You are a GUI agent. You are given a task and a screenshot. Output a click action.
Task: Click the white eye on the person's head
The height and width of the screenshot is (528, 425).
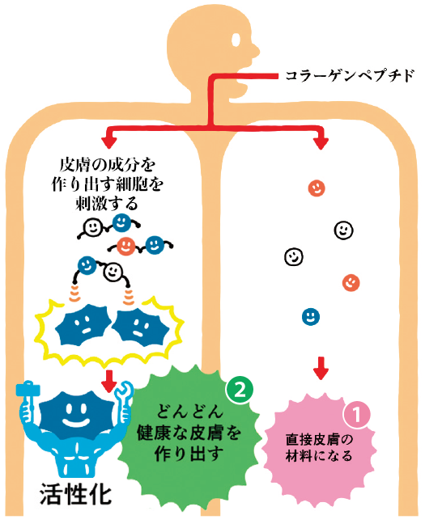click(236, 40)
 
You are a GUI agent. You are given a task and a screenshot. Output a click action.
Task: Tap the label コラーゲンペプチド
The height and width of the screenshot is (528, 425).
click(350, 75)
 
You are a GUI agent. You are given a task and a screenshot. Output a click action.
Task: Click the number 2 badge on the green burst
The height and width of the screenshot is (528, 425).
click(240, 391)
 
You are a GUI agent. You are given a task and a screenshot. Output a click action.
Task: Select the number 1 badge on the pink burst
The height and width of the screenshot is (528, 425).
click(356, 415)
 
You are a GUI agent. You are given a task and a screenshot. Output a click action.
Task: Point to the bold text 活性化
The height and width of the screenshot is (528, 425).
click(76, 494)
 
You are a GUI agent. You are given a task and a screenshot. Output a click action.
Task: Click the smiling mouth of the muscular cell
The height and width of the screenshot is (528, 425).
click(76, 421)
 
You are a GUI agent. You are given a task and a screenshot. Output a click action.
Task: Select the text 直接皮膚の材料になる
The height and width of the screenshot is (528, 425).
click(319, 448)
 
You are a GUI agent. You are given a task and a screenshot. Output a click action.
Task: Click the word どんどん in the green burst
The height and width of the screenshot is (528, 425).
click(190, 411)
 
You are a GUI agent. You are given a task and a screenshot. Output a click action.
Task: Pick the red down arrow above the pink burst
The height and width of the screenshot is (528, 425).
click(321, 368)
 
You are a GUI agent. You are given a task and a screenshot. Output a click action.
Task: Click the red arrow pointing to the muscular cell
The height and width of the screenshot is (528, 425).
click(108, 381)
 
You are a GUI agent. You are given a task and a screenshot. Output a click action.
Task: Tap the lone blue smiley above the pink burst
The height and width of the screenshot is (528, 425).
click(310, 316)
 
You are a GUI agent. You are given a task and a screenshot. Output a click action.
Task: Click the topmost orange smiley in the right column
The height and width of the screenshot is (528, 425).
click(317, 188)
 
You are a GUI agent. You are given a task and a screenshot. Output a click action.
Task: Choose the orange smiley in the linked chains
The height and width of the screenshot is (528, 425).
click(126, 246)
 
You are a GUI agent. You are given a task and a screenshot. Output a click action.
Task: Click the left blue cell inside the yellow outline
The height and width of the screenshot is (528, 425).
click(83, 324)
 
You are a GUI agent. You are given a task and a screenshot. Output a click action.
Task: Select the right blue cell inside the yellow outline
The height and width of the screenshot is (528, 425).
click(140, 327)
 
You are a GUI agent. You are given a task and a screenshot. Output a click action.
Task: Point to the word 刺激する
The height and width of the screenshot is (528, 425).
click(107, 204)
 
